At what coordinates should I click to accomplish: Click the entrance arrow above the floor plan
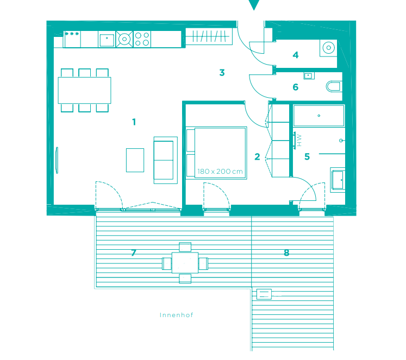click(x=254, y=5)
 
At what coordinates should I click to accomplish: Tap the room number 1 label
click(x=134, y=122)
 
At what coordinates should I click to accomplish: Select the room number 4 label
click(x=296, y=55)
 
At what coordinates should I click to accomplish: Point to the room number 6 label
click(x=296, y=87)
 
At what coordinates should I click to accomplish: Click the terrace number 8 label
click(x=286, y=252)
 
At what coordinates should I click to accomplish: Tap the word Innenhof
click(x=176, y=315)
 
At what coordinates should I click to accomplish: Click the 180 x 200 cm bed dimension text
click(x=220, y=172)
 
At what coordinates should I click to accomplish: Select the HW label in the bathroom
click(x=299, y=141)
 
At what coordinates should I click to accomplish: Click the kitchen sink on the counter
click(x=107, y=39)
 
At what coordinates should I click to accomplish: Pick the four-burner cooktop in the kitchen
click(x=142, y=39)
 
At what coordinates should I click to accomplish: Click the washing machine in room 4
click(x=328, y=48)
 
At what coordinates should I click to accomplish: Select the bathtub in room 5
click(x=318, y=116)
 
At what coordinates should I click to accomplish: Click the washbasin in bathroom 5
click(x=338, y=180)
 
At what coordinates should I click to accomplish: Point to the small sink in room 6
click(x=309, y=76)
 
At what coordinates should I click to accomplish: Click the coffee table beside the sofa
click(x=135, y=160)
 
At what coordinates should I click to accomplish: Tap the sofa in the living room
click(x=165, y=160)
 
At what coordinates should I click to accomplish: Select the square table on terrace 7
click(x=185, y=263)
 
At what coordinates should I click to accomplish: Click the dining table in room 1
click(x=84, y=90)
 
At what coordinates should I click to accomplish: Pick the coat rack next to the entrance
click(x=209, y=37)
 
